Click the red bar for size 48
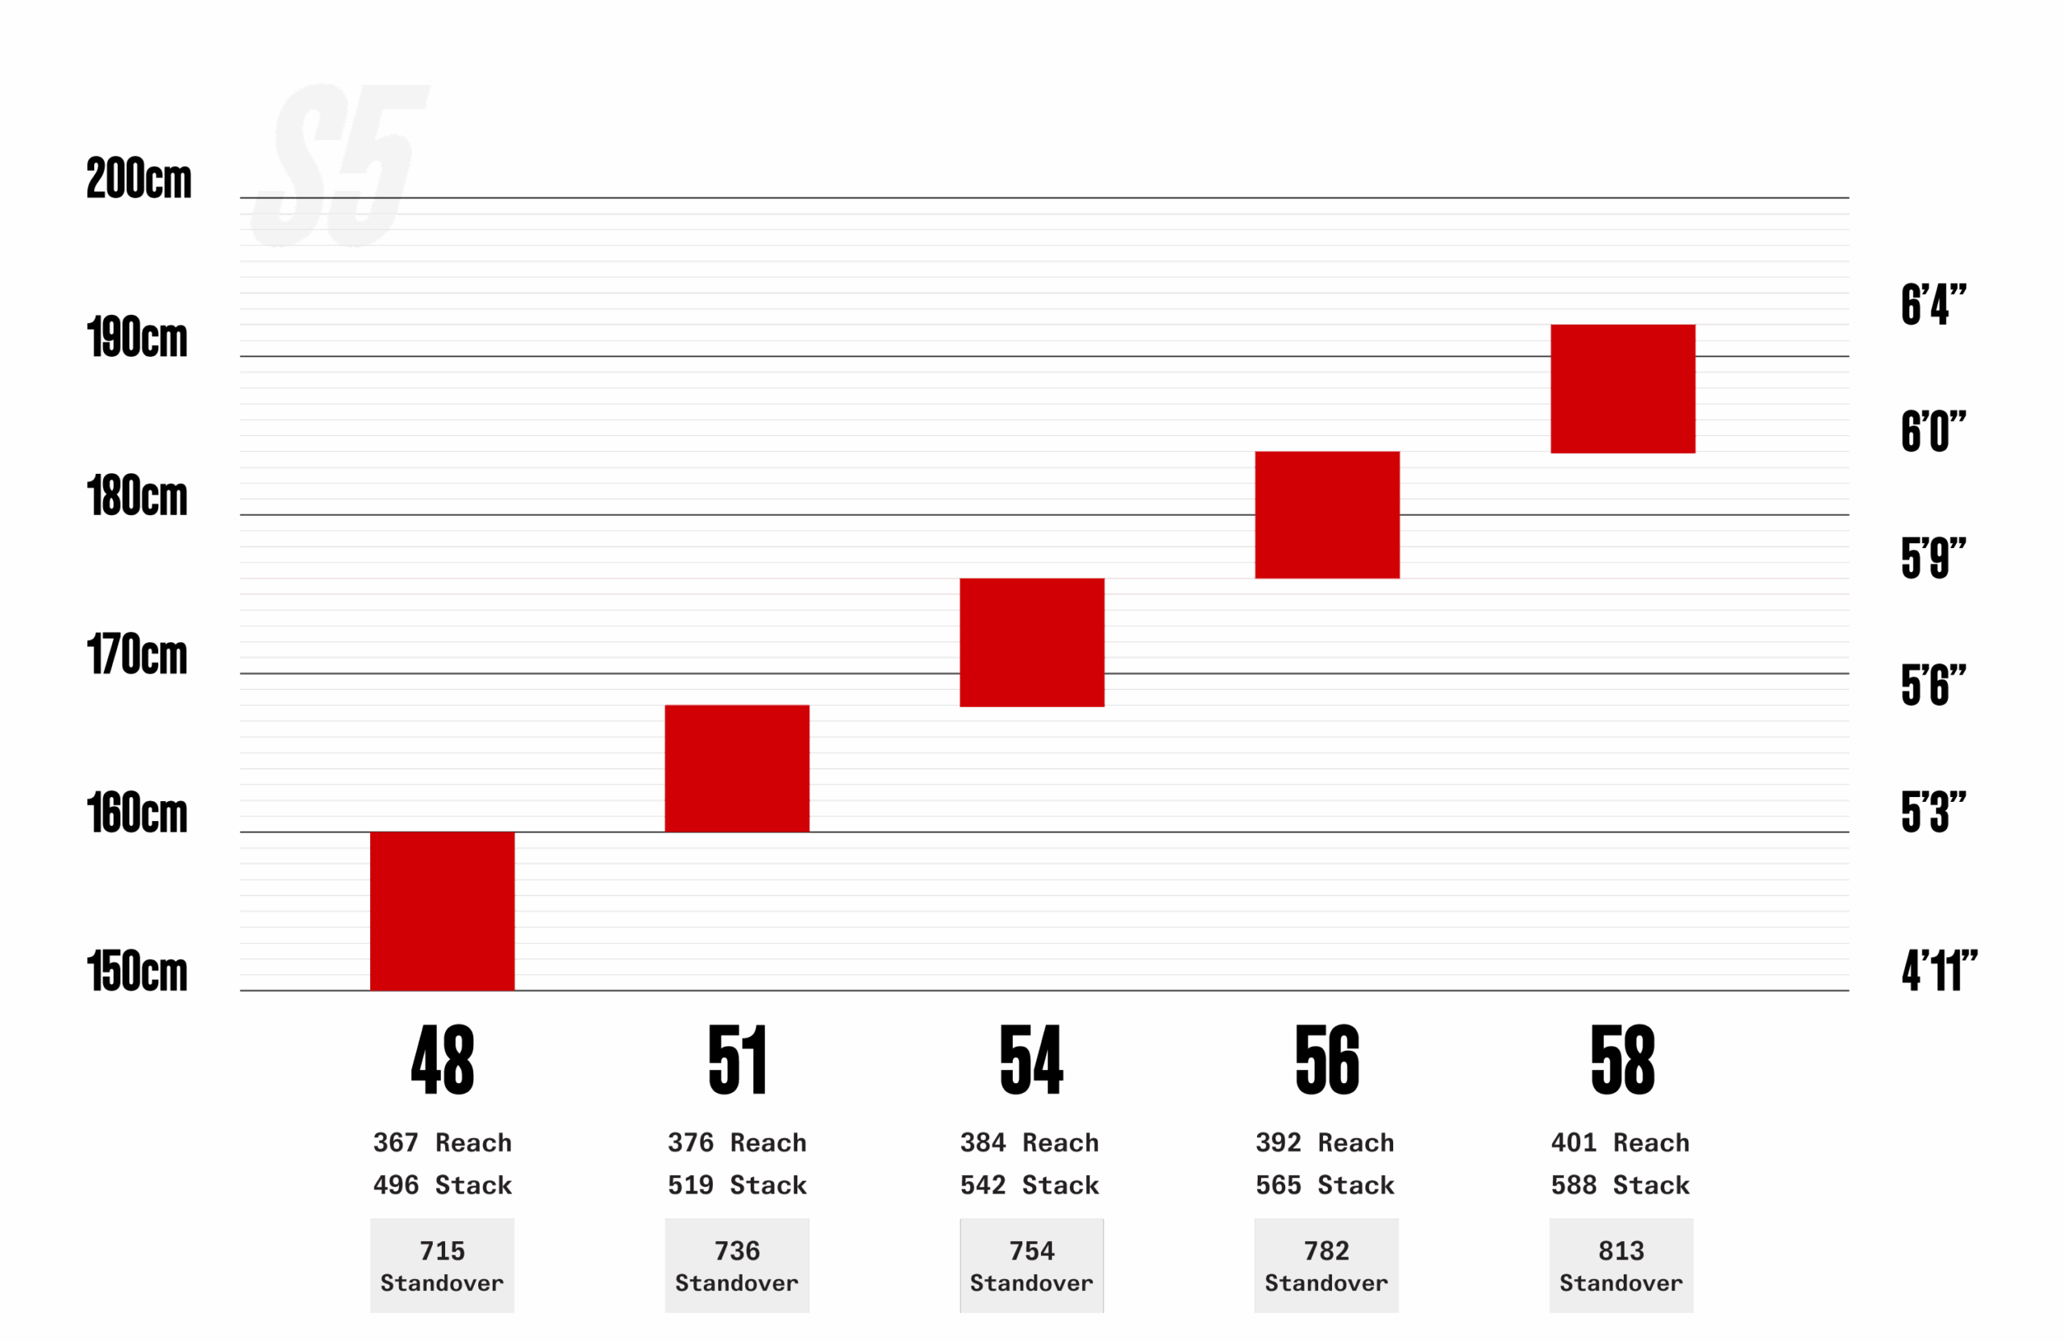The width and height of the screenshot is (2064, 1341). coord(443,910)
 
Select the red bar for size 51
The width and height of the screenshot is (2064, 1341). coord(737,768)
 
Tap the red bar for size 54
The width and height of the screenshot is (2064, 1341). coord(1032,642)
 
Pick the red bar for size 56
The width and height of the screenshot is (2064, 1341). coord(1327,515)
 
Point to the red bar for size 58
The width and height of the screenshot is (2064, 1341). coord(1623,389)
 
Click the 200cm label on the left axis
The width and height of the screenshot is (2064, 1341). coord(139,180)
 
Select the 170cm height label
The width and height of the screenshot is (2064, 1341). coord(137,654)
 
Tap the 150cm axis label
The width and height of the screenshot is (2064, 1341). coord(137,971)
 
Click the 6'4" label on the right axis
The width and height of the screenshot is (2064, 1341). coord(1933,305)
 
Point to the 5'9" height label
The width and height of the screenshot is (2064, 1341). coord(1933,558)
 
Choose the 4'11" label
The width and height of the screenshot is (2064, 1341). coord(1939,970)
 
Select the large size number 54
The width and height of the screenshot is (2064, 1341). coord(1031,1059)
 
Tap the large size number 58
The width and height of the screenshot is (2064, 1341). coord(1623,1059)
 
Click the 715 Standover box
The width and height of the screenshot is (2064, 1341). coord(443,1265)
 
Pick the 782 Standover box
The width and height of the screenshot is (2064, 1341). coord(1326,1265)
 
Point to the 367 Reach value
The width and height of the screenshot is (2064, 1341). coord(443,1143)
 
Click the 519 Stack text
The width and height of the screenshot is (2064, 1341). coord(737,1185)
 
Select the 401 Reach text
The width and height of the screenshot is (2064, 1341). coord(1620,1143)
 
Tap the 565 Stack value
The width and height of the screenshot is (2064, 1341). coord(1325,1185)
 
